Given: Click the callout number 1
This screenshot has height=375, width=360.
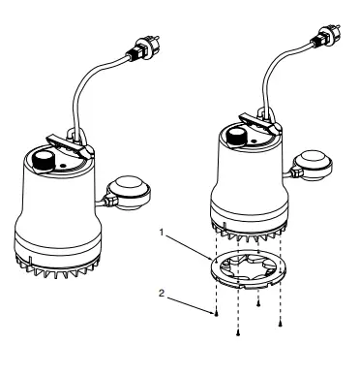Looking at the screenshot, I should tap(164, 233).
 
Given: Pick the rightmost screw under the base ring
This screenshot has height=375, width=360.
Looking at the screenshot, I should tap(280, 322).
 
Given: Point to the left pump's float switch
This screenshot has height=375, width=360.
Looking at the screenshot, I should tap(130, 188).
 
